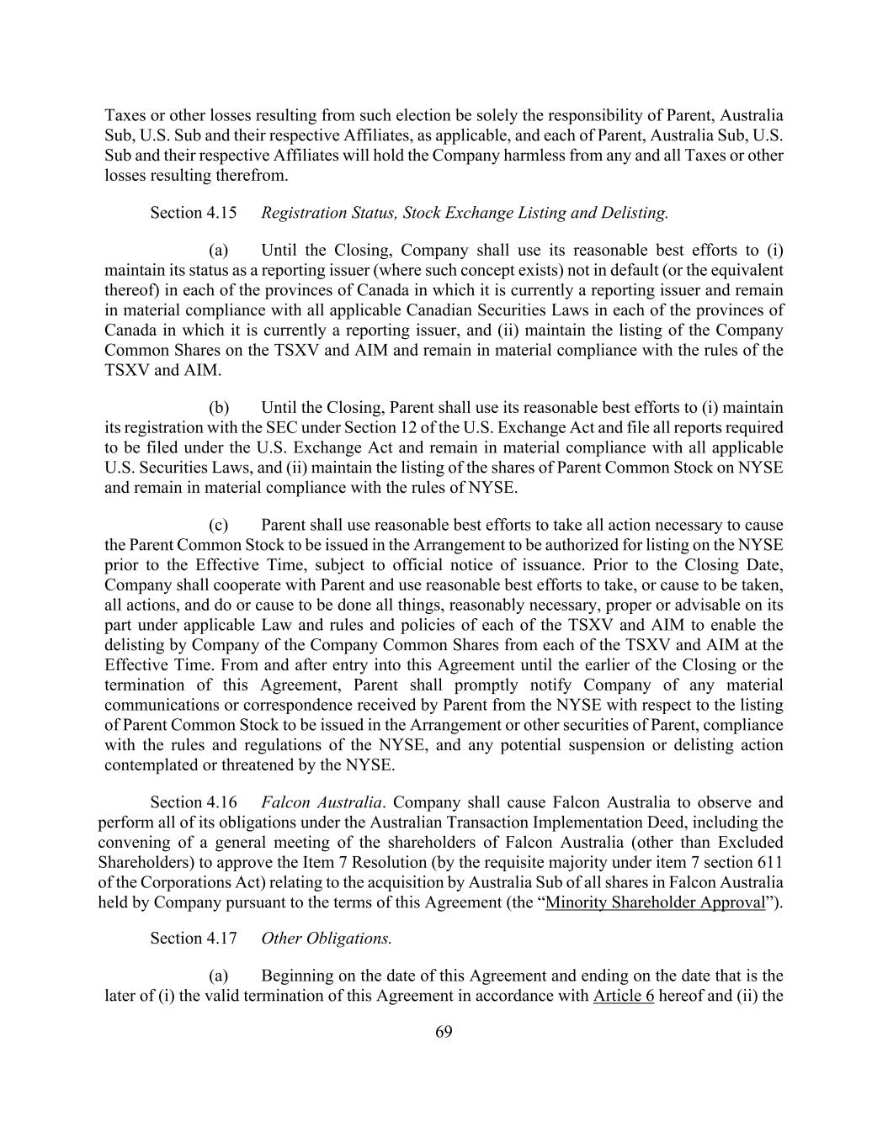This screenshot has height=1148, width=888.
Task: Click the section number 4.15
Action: click(221, 213)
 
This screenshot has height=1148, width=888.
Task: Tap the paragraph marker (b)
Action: click(219, 408)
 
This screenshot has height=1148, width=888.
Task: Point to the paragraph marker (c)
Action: click(219, 526)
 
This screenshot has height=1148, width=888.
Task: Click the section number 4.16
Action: click(221, 802)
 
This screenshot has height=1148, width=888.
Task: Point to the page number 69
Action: click(444, 1033)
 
